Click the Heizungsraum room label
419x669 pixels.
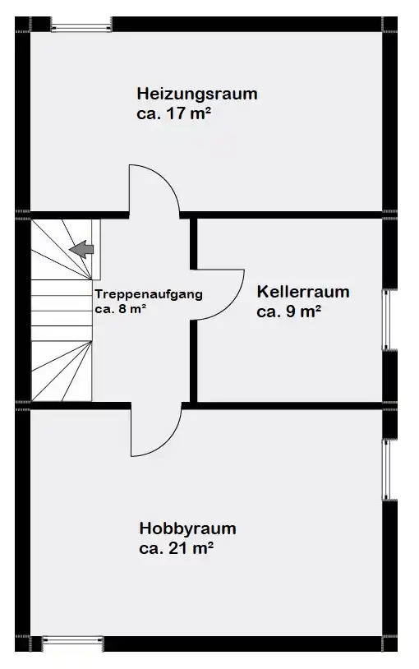(197, 95)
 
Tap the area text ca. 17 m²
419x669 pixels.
(174, 114)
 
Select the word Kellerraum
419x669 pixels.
(303, 293)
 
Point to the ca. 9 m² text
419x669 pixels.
(289, 311)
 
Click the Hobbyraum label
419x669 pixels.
(188, 529)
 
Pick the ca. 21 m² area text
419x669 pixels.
(176, 548)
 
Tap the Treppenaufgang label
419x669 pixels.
(149, 294)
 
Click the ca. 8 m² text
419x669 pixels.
(121, 309)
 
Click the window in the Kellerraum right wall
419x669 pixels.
(387, 320)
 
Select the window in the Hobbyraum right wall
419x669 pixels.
(387, 470)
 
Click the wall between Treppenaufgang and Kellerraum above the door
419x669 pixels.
(193, 244)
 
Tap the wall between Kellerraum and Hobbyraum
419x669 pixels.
(290, 406)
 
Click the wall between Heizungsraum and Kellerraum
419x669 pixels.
(290, 215)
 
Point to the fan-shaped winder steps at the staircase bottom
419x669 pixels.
(62, 371)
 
